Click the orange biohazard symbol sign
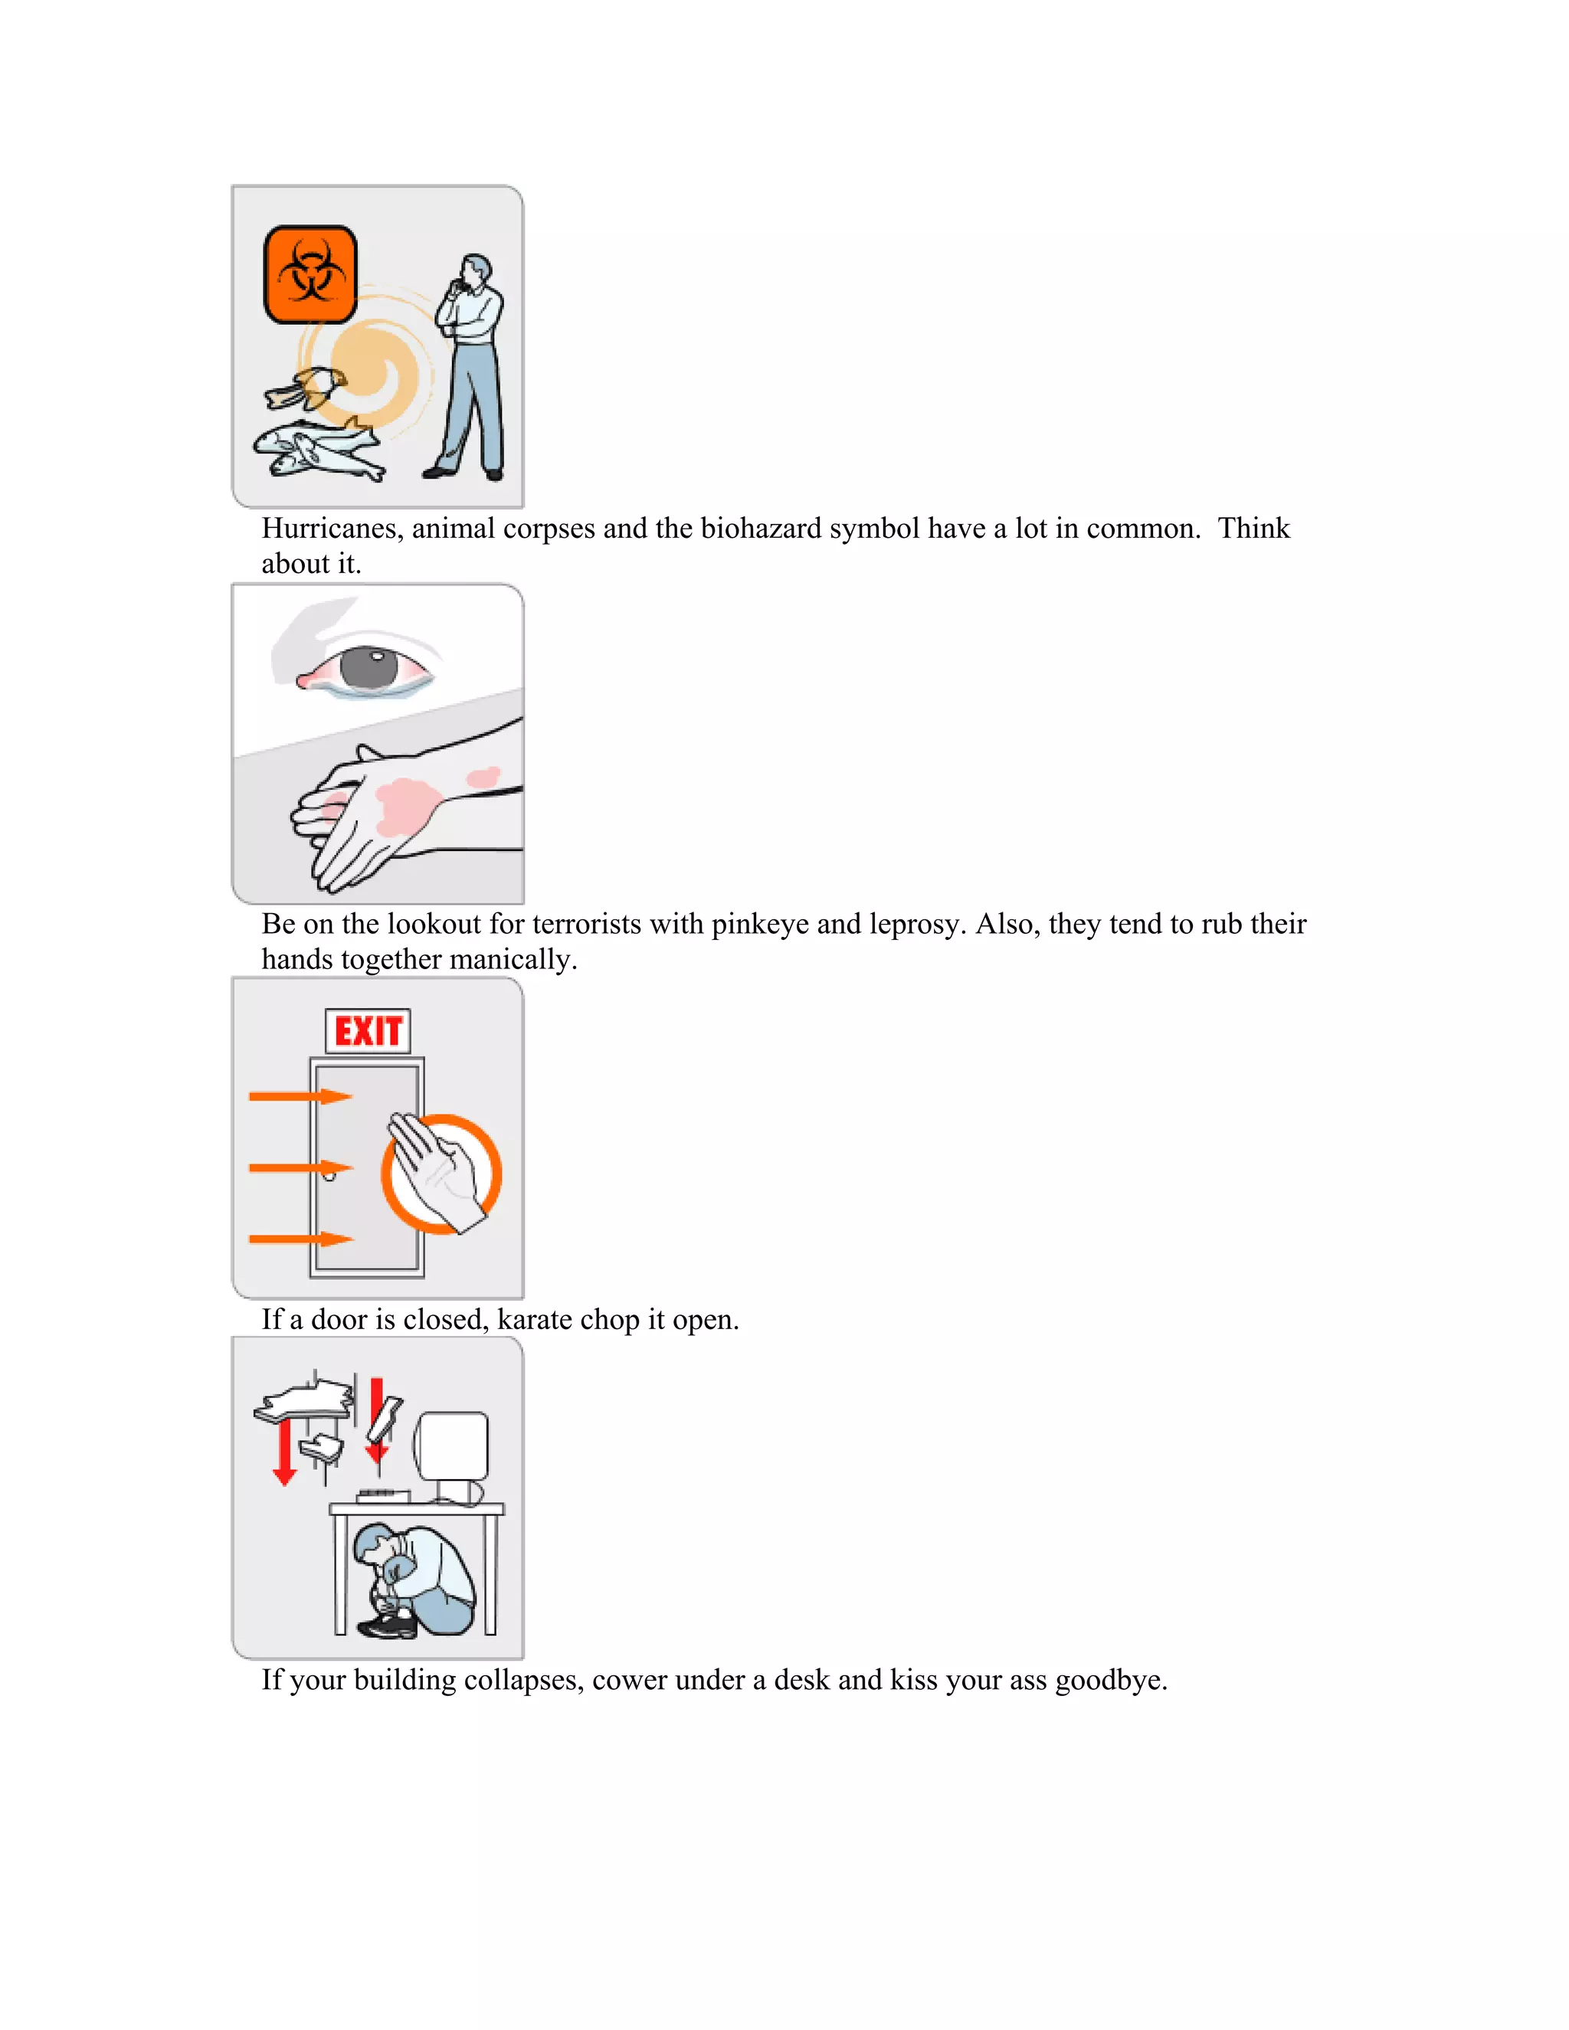click(310, 274)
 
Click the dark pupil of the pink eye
click(369, 667)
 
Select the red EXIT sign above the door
click(368, 1031)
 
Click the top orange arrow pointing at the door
click(300, 1097)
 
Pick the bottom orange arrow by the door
click(300, 1239)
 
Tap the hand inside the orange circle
click(437, 1169)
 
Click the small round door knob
click(329, 1176)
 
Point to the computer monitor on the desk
click(453, 1447)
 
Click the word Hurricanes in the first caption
click(332, 529)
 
